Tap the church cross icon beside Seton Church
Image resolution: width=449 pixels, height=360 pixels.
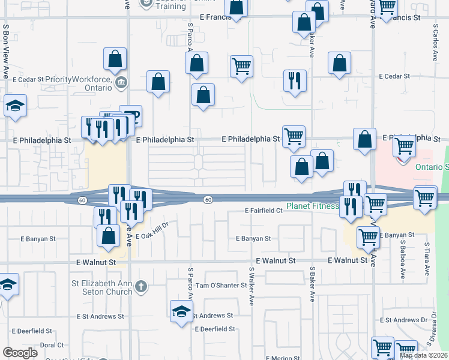pyautogui.click(x=140, y=286)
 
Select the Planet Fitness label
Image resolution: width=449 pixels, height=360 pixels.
pyautogui.click(x=312, y=206)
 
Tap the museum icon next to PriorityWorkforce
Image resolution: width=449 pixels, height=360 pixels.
pyautogui.click(x=121, y=82)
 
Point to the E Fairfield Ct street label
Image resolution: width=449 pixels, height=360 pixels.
pyautogui.click(x=264, y=211)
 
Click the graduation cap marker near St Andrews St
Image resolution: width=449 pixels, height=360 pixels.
pyautogui.click(x=181, y=311)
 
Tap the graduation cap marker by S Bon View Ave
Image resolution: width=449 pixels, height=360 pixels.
pyautogui.click(x=16, y=106)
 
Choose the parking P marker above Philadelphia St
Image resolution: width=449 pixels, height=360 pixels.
pyautogui.click(x=131, y=115)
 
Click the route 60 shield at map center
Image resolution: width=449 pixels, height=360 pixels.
pyautogui.click(x=207, y=199)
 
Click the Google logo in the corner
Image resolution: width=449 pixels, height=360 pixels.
pyautogui.click(x=20, y=352)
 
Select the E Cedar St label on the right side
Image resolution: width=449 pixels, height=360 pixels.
pyautogui.click(x=394, y=76)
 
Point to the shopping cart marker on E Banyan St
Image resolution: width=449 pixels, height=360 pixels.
pyautogui.click(x=369, y=236)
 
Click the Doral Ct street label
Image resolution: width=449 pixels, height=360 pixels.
pyautogui.click(x=52, y=345)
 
